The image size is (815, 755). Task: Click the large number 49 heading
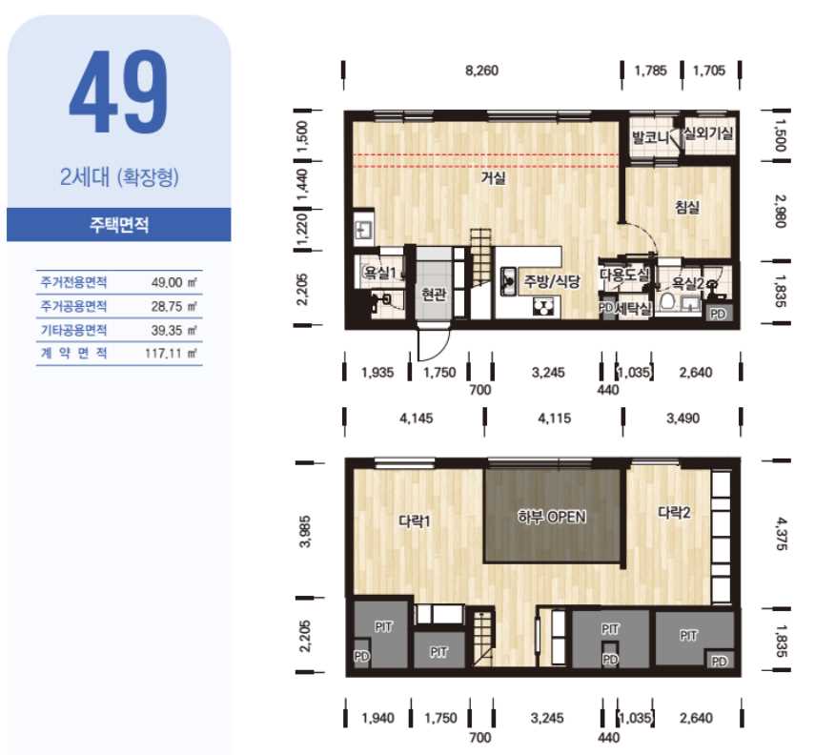point(118,92)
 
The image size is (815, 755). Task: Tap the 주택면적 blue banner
point(119,225)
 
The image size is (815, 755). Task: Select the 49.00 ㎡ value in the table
point(173,283)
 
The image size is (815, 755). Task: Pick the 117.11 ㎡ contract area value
point(171,354)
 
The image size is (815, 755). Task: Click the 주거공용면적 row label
point(73,306)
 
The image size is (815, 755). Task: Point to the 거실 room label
point(493,178)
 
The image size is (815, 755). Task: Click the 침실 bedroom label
point(687,208)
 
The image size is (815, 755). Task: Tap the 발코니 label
point(650,138)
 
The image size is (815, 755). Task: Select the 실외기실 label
point(708,133)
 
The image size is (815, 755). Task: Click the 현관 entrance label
point(434,295)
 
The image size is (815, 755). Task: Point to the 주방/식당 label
point(552,281)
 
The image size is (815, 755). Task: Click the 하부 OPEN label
point(552,517)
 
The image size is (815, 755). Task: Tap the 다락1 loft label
point(415,521)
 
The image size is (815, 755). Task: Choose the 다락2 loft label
point(674,513)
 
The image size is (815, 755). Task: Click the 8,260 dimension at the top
point(481,71)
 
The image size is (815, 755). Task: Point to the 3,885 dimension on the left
point(306,531)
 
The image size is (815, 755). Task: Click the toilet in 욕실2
point(668,302)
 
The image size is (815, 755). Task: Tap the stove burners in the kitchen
point(544,307)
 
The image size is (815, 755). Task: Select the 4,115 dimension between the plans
point(554,418)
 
